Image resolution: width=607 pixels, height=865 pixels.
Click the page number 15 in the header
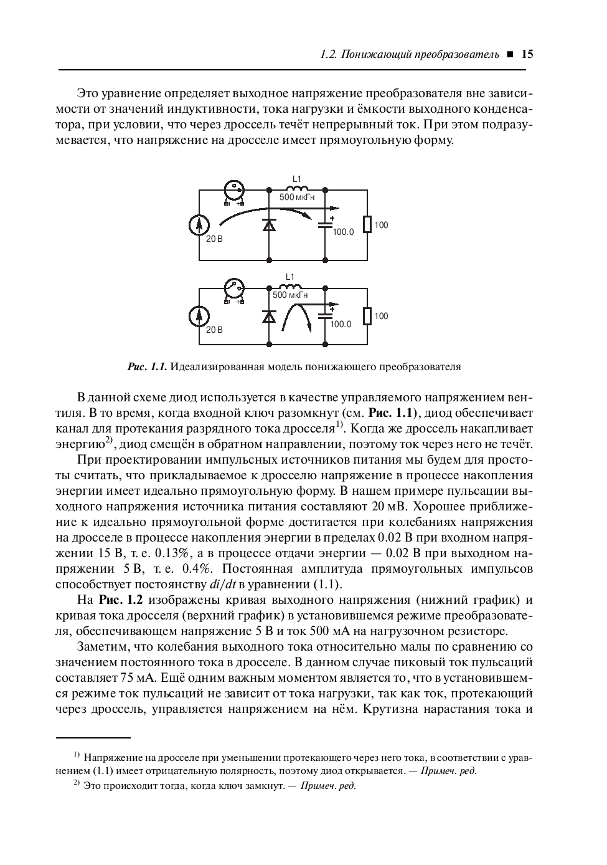527,54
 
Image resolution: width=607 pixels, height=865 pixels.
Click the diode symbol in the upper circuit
269,225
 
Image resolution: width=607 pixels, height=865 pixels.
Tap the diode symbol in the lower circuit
269,317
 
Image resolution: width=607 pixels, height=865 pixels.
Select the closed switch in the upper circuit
234,189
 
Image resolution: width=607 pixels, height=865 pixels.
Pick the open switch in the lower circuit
234,288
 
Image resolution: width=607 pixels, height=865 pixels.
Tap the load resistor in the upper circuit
367,224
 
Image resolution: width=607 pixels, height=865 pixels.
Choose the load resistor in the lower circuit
367,316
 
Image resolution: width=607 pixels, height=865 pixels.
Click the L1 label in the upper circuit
297,179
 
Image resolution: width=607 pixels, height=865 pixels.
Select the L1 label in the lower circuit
289,277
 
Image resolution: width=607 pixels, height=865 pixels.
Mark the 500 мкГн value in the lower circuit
290,295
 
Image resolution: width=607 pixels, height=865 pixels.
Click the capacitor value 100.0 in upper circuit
343,232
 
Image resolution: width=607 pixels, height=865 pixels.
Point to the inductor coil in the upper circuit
297,188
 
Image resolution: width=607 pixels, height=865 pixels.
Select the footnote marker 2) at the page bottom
77,783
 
